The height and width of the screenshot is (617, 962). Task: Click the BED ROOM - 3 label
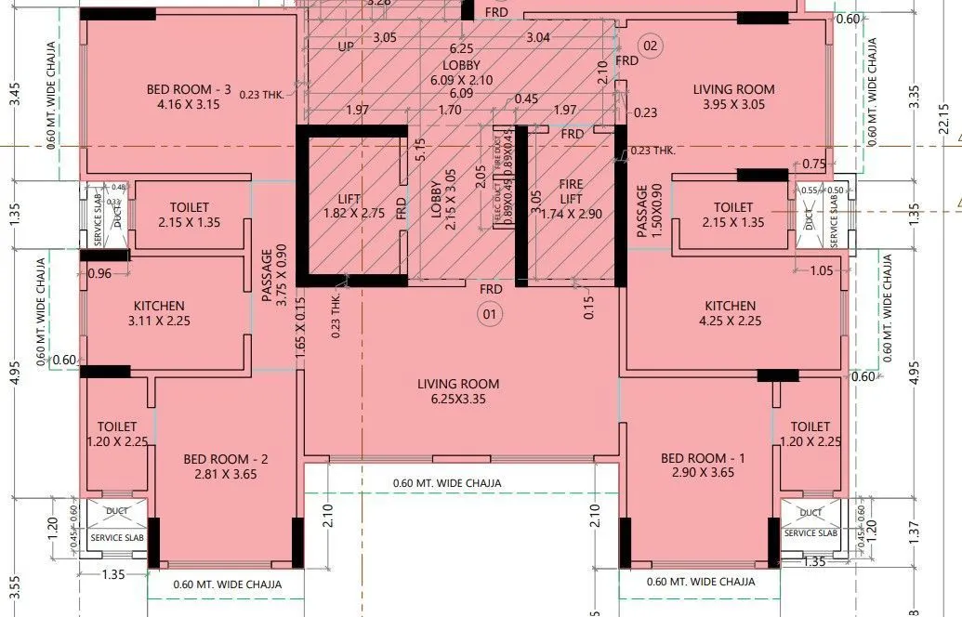tap(189, 97)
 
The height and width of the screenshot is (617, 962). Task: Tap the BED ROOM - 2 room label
tap(226, 466)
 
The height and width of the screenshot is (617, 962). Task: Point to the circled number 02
tap(650, 46)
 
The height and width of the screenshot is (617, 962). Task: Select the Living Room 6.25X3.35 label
tap(458, 391)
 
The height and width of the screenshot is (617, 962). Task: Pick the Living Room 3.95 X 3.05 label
tap(733, 97)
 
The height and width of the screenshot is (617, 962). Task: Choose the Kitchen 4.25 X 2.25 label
tap(730, 313)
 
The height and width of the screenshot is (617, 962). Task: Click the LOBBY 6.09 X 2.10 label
tap(461, 72)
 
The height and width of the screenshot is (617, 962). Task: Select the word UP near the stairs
tap(346, 46)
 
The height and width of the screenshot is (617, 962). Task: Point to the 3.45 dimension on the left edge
tap(14, 97)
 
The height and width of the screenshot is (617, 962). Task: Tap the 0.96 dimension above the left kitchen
tap(99, 274)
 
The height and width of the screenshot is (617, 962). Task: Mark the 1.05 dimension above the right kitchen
tap(822, 271)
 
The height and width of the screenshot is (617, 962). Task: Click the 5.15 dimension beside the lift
tap(419, 150)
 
